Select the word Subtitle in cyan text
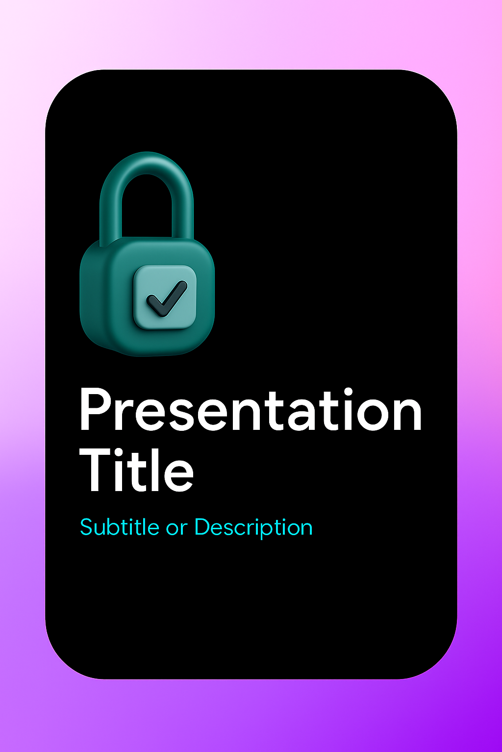pos(119,527)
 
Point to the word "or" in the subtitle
pos(176,529)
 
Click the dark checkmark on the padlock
pos(167,299)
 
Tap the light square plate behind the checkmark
pos(165,297)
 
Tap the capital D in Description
pos(203,527)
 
